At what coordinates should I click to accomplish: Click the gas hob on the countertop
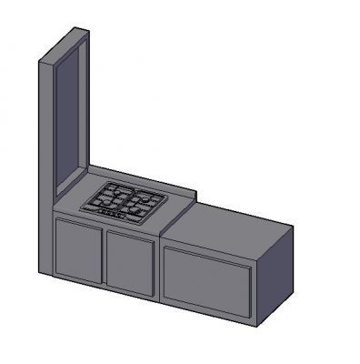point(123,201)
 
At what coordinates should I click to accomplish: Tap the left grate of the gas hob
point(112,197)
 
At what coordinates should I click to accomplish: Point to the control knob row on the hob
point(110,213)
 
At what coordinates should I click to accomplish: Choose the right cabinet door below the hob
point(129,261)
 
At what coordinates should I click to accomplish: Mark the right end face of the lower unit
point(276,274)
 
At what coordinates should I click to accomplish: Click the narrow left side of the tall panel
point(45,164)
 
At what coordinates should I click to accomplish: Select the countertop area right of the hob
point(173,206)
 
